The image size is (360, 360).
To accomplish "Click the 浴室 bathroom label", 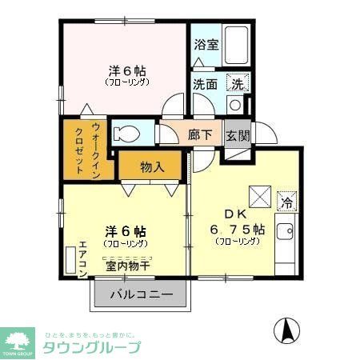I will [205, 45].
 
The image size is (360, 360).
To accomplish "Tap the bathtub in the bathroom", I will [234, 44].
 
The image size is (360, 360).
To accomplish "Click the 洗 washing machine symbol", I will [238, 82].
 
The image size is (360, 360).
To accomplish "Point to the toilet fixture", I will [129, 133].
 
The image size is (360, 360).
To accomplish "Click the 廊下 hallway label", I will [200, 135].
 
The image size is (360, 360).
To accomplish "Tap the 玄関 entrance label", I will [237, 135].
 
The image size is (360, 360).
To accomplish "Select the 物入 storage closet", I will [152, 166].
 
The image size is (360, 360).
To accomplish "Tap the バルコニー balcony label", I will [141, 295].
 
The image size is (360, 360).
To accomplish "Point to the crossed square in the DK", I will [258, 195].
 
